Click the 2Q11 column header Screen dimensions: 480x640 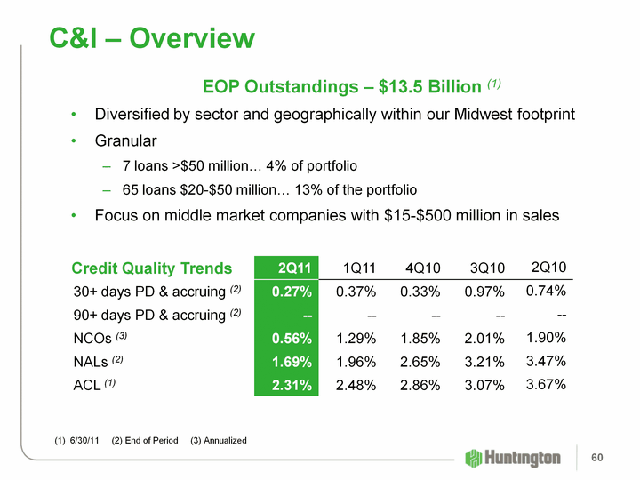[x=293, y=268]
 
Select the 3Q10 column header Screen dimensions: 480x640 [x=487, y=268]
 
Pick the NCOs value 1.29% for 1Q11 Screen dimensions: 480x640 [x=356, y=338]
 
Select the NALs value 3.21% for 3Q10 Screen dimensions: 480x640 [x=487, y=362]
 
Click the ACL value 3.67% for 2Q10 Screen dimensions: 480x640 [x=547, y=384]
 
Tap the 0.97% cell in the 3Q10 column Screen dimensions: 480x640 [x=487, y=292]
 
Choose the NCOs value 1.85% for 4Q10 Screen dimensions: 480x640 [x=421, y=338]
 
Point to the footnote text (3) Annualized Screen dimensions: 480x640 [x=219, y=441]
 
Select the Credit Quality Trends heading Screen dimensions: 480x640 [x=152, y=268]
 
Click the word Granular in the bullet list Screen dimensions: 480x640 [x=125, y=140]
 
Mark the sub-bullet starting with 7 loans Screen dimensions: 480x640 [x=240, y=165]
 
